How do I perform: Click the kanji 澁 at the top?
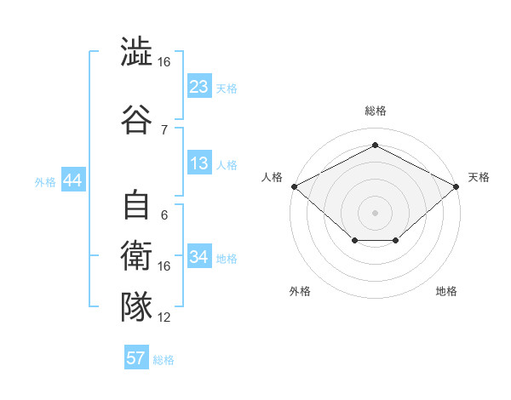[x=136, y=53]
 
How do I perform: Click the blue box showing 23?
[x=199, y=87]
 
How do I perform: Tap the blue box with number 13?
[x=199, y=164]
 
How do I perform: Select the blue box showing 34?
[x=199, y=257]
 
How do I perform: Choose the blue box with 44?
[x=72, y=180]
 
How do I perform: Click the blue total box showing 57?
[x=136, y=358]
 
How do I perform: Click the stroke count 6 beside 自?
[x=164, y=215]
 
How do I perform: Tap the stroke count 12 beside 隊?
[x=164, y=317]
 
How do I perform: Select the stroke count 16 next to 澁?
[x=164, y=62]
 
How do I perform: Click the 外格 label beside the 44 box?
[x=45, y=181]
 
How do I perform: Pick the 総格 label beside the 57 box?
[x=164, y=360]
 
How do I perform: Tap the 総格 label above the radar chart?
[x=375, y=111]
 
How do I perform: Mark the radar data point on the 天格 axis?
[x=457, y=186]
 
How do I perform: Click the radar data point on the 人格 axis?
[x=294, y=186]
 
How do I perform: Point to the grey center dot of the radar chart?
[x=375, y=212]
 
